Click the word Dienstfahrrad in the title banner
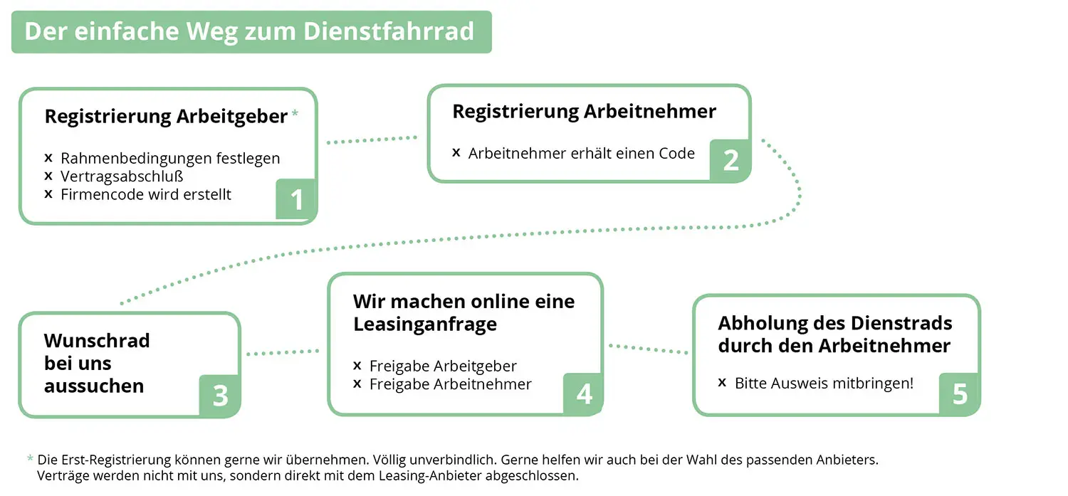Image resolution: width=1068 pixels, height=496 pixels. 389,31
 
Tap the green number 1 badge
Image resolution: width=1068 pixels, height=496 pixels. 295,199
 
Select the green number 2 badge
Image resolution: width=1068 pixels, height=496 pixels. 730,160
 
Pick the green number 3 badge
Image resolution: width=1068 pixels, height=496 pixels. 220,396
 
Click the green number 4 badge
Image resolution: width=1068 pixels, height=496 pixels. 583,394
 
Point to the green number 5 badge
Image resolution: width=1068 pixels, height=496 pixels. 959,394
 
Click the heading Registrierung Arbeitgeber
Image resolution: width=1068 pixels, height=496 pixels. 166,117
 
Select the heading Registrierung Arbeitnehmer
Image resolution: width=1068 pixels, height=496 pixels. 584,112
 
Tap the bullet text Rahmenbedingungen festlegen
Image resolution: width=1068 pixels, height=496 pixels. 170,158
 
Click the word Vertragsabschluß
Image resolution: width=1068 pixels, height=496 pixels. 122,176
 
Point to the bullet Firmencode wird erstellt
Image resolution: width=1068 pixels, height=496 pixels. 145,194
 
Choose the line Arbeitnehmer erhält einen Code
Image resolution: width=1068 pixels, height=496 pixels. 581,154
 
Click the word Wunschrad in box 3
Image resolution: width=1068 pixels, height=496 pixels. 97,341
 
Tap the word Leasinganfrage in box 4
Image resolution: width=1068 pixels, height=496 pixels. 425,324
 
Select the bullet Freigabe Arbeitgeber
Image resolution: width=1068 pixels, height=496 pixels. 443,366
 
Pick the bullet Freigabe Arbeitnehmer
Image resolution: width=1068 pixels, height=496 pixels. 450,384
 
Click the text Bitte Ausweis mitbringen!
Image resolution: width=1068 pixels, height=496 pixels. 824,383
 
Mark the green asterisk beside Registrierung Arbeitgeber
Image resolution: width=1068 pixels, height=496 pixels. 295,113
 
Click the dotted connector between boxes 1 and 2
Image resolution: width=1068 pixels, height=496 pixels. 372,139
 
